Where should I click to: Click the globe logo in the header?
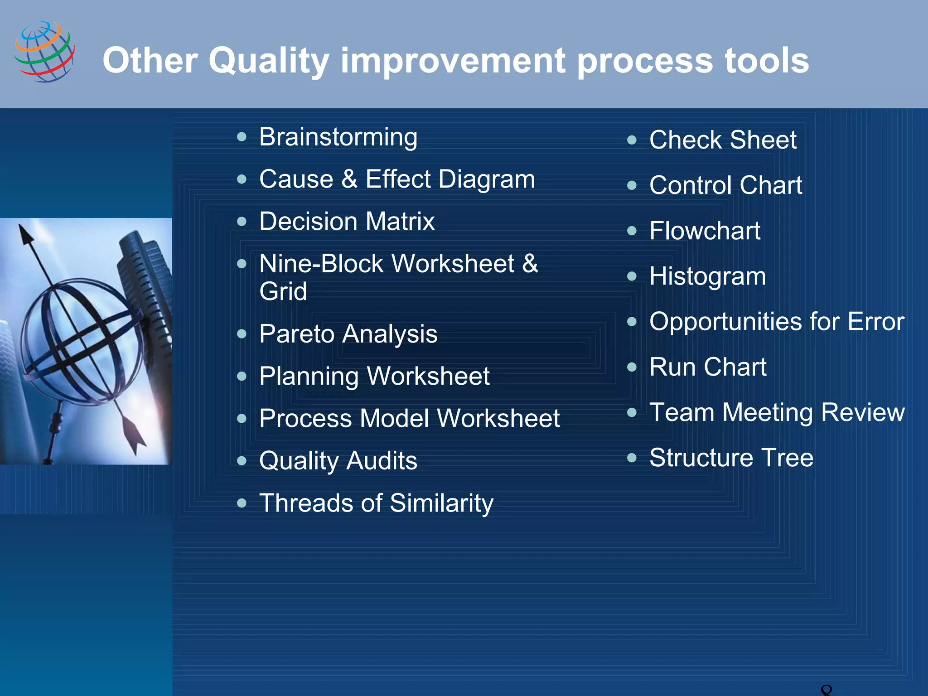click(44, 52)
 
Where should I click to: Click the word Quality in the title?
click(268, 61)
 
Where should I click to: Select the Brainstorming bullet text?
click(338, 137)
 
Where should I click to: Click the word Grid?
click(283, 291)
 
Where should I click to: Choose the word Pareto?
click(296, 334)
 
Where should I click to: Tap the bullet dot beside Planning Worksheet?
click(242, 376)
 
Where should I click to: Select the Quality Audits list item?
click(338, 461)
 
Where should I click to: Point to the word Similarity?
click(441, 503)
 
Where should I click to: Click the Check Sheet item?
click(723, 140)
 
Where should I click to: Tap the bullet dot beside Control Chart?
click(632, 185)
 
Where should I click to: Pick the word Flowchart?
click(705, 231)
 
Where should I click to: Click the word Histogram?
click(707, 276)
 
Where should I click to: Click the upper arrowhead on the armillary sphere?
click(25, 236)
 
